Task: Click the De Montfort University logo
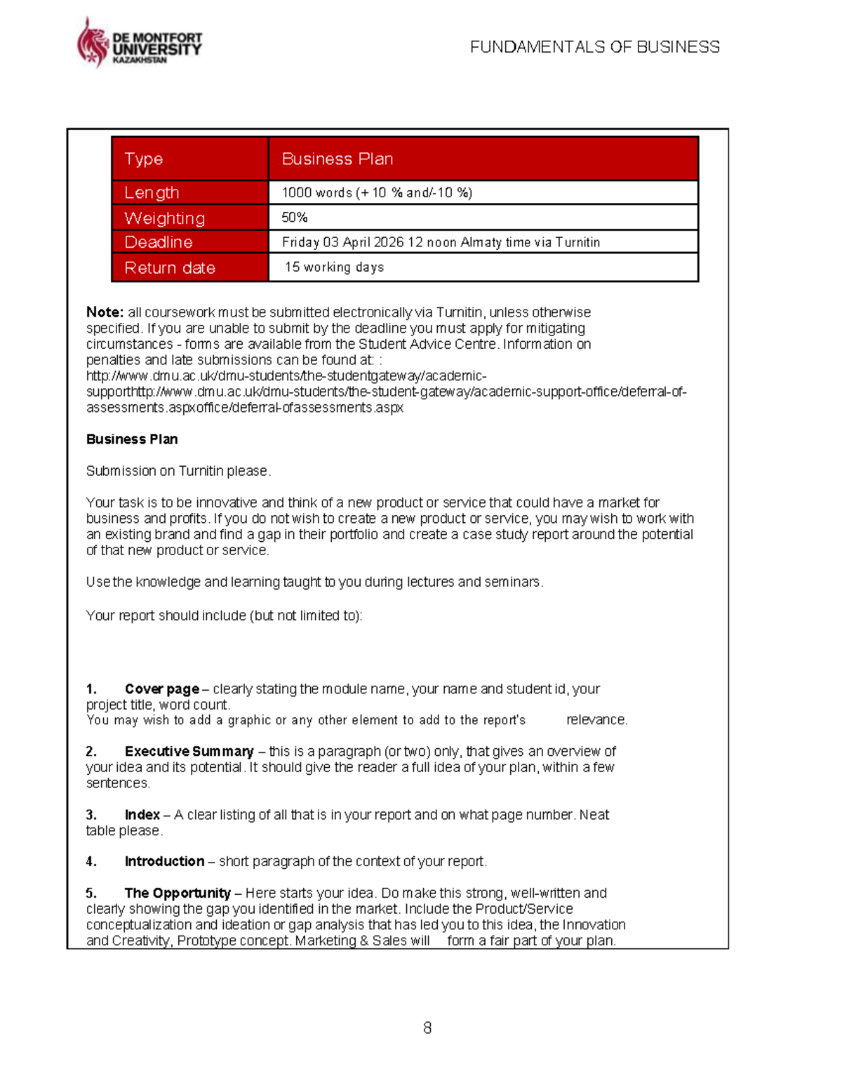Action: pos(139,44)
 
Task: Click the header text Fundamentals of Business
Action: pos(594,47)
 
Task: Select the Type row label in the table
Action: pos(144,159)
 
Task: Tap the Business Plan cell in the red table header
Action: pos(337,159)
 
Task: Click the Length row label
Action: pos(152,193)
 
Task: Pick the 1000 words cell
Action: pos(377,193)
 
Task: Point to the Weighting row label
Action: pos(164,218)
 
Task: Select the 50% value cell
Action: pos(295,218)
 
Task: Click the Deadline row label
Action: pos(159,242)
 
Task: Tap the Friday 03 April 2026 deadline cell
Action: pos(441,242)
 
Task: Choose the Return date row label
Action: pos(170,268)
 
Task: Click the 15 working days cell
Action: pos(334,267)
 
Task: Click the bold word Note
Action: pos(105,312)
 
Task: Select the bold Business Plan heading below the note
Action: pos(132,439)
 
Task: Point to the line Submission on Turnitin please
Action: pos(178,471)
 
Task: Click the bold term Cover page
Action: pos(161,689)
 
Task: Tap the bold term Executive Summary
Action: pos(189,752)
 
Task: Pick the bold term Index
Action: pos(142,815)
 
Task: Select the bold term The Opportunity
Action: pos(178,893)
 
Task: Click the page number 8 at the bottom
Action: pos(427,1028)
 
